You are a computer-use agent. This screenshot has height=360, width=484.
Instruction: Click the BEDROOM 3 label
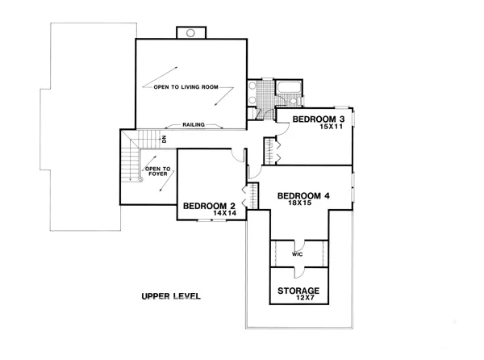(319, 119)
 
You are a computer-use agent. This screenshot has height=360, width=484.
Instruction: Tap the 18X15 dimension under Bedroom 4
(300, 203)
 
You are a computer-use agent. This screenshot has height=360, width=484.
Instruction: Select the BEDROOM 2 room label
(209, 206)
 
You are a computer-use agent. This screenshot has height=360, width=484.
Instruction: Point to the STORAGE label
(298, 291)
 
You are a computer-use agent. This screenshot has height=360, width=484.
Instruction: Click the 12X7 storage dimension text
(305, 298)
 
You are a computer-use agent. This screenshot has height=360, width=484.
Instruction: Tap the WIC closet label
(297, 254)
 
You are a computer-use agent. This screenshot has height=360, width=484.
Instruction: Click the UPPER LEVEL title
(171, 296)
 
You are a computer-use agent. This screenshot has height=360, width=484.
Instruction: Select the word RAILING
(194, 125)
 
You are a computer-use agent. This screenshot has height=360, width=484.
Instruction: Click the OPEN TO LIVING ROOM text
(186, 87)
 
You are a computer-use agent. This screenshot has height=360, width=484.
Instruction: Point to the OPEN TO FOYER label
(158, 171)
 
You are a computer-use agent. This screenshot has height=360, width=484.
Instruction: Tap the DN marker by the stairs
(164, 139)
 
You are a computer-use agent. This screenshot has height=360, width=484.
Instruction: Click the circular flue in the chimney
(190, 33)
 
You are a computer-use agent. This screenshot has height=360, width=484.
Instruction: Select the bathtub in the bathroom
(289, 86)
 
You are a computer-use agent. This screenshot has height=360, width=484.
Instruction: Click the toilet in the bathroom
(294, 101)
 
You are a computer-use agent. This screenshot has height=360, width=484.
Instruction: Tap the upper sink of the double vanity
(252, 86)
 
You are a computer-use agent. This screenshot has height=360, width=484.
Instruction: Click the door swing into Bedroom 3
(282, 130)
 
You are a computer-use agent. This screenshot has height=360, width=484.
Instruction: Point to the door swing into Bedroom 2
(239, 155)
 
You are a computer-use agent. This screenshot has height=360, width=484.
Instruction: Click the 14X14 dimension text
(224, 213)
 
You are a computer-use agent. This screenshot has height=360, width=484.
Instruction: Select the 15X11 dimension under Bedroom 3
(332, 126)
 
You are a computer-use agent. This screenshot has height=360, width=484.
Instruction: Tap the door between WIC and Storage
(299, 273)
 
